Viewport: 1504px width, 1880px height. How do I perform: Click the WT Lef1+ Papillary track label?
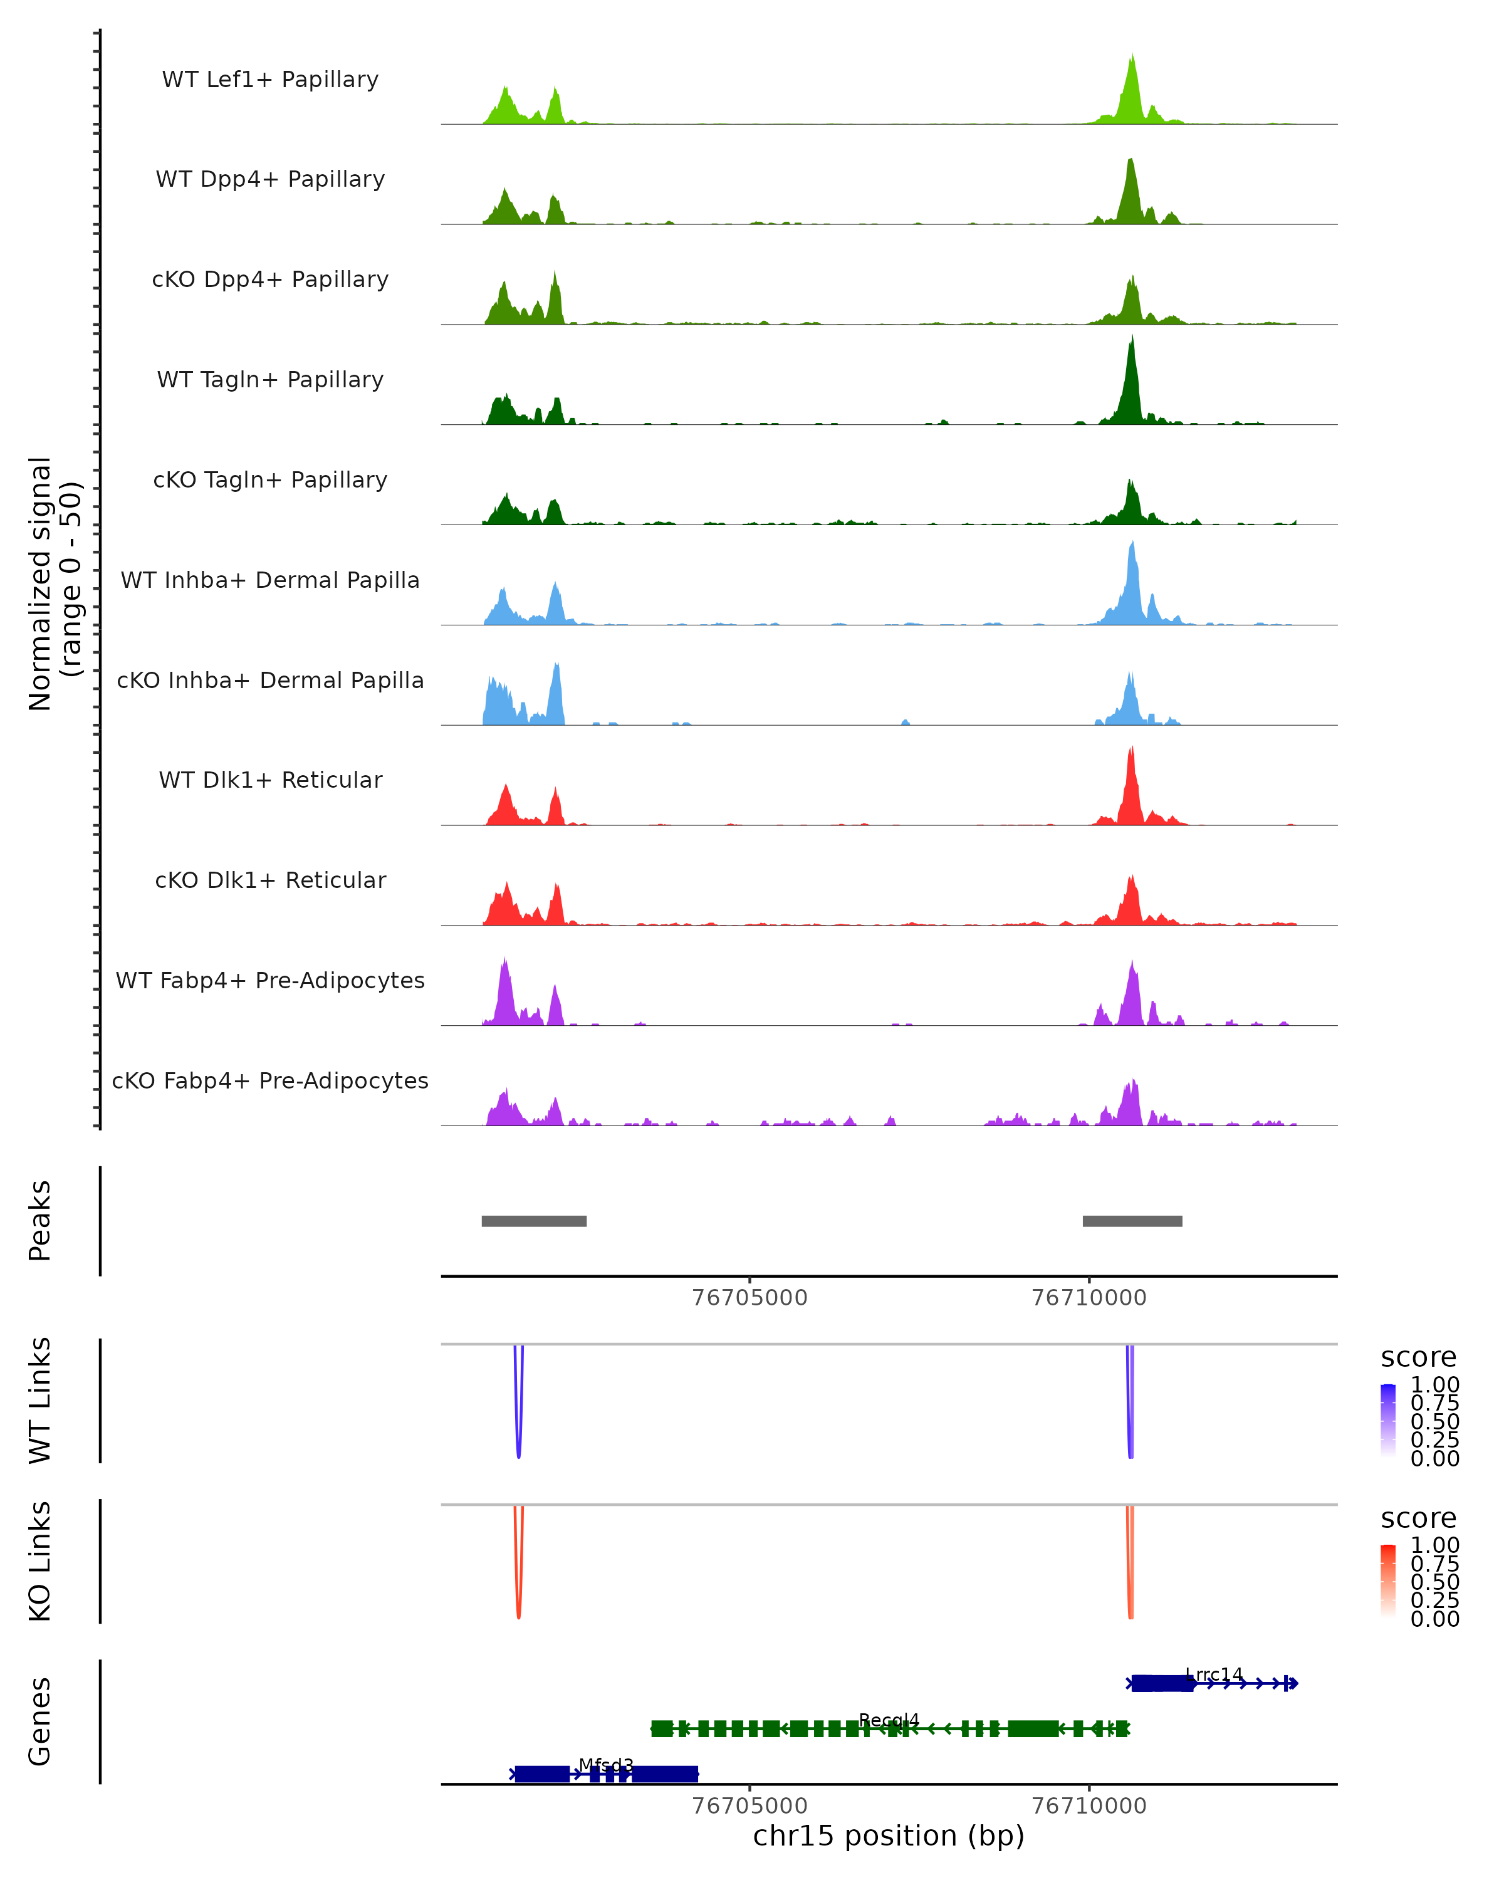[270, 80]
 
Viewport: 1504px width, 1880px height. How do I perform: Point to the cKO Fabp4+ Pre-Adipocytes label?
[270, 1080]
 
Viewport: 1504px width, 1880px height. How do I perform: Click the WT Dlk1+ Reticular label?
[270, 780]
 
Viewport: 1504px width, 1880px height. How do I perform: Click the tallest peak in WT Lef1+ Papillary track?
[1132, 60]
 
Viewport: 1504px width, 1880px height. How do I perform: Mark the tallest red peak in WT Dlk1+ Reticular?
[1132, 751]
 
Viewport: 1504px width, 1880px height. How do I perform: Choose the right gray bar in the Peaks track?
[1132, 1221]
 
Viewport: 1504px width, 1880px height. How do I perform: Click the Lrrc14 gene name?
[1214, 1674]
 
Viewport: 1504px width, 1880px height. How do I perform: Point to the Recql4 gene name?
[889, 1720]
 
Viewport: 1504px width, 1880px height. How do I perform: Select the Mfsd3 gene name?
[606, 1765]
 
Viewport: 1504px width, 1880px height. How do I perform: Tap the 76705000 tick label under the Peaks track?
[749, 1298]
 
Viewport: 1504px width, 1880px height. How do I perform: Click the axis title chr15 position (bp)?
[889, 1836]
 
